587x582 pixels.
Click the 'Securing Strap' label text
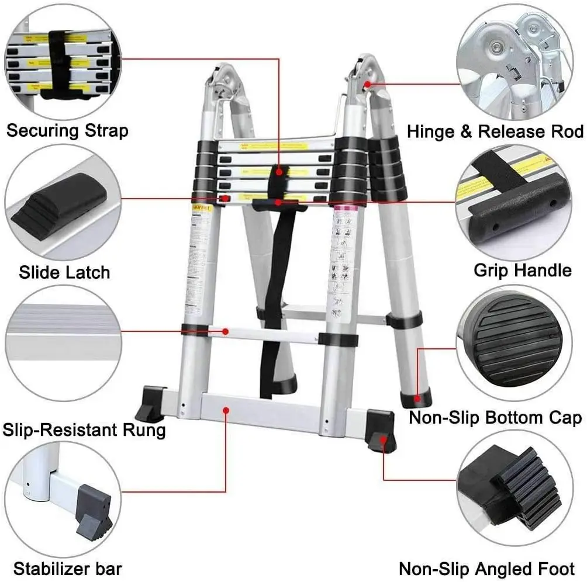pos(67,130)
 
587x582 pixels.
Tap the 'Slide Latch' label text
pos(64,272)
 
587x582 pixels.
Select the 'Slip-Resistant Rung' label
pos(84,431)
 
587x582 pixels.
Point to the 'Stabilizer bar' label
pos(68,568)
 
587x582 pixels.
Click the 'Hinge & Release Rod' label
pos(495,131)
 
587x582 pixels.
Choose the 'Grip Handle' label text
pos(522,270)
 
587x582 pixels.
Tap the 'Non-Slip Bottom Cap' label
pos(495,418)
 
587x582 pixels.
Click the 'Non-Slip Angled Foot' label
pos(486,569)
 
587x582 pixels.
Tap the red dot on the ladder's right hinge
pos(367,84)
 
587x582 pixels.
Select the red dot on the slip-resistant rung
pos(226,332)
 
